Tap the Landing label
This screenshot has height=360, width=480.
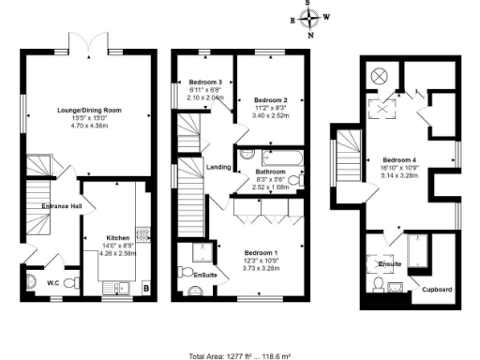pyautogui.click(x=218, y=167)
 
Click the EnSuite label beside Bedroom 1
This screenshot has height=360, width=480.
pyautogui.click(x=204, y=274)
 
